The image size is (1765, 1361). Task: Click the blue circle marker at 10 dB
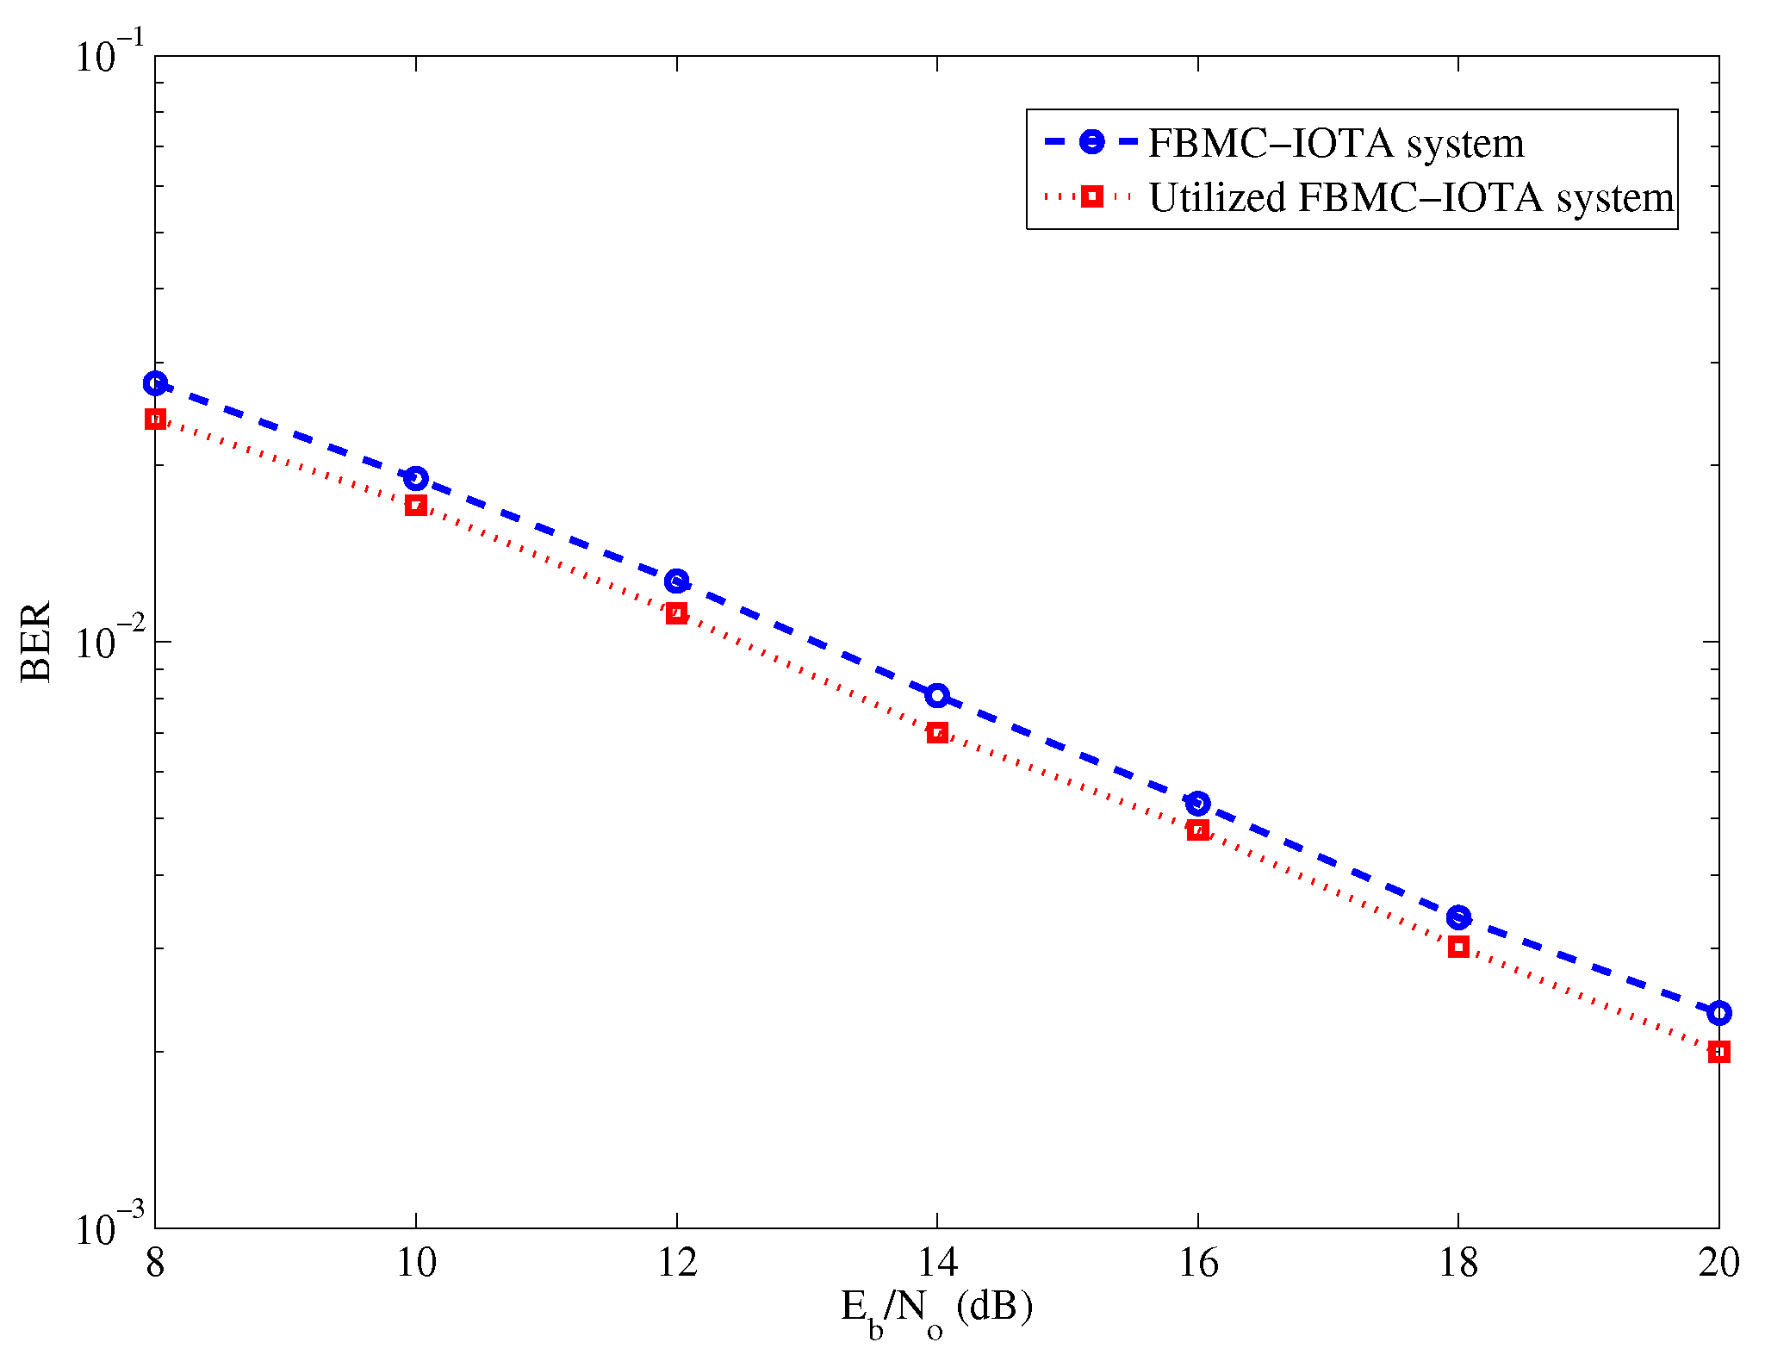(416, 478)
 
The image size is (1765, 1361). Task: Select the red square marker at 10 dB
(416, 506)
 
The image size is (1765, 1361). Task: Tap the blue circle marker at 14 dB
(937, 695)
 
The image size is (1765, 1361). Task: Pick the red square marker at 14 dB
(937, 733)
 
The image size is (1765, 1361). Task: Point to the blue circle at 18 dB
(1458, 917)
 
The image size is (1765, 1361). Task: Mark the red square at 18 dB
(1458, 948)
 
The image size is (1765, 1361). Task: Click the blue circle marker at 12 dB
(677, 581)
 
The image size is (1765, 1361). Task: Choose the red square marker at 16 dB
(1197, 830)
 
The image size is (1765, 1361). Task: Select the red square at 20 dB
(1718, 1052)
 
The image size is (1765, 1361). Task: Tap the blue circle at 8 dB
(156, 384)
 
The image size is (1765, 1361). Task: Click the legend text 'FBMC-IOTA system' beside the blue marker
(1336, 144)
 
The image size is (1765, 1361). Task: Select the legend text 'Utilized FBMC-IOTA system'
(1411, 198)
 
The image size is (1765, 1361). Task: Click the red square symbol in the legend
(1091, 196)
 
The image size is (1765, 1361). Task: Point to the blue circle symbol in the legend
(1091, 142)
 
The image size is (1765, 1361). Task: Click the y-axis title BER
(36, 642)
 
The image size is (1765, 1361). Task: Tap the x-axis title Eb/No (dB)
(936, 1309)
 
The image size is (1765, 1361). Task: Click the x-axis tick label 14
(937, 1264)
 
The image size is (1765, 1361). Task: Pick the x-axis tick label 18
(1458, 1264)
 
